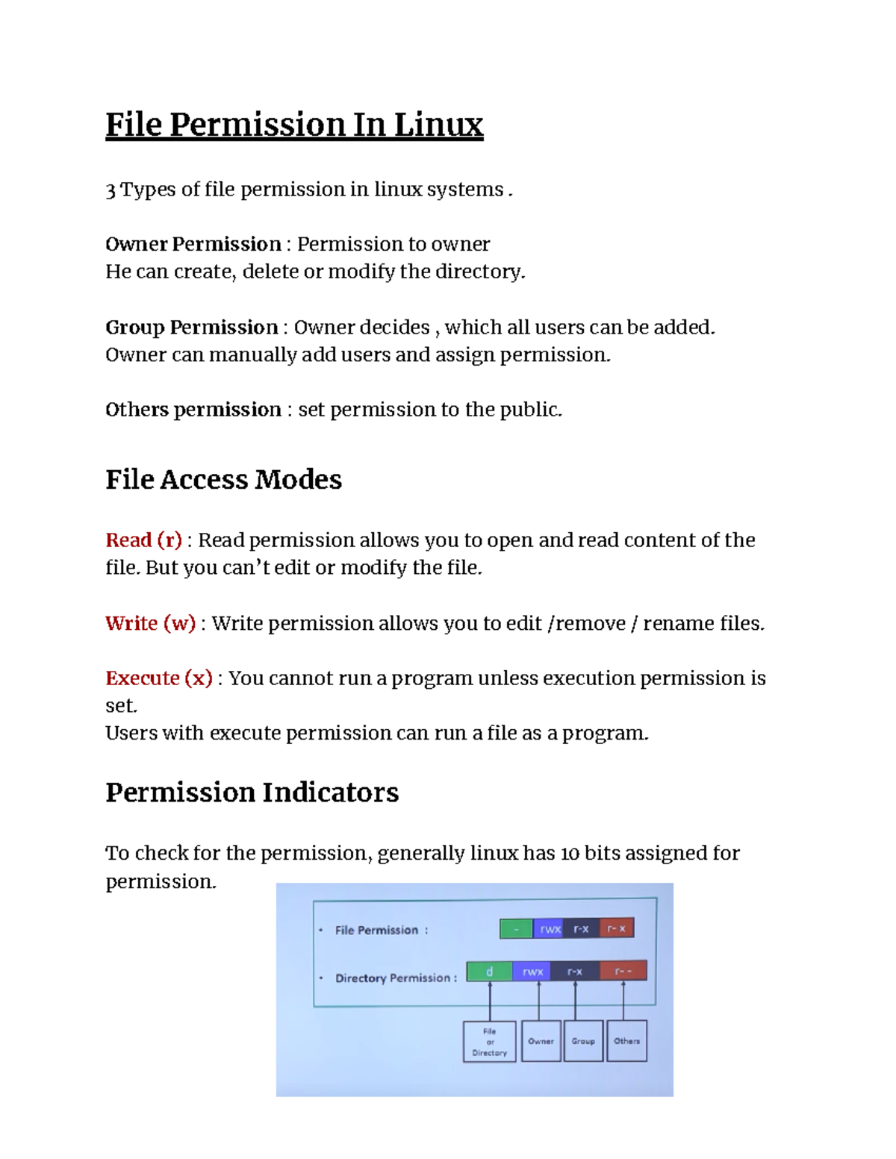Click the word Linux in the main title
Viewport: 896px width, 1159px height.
tap(438, 125)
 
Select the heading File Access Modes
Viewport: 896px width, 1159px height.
tap(223, 479)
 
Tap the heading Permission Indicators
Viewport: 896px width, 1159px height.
tap(252, 792)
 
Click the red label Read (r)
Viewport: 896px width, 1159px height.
tap(144, 540)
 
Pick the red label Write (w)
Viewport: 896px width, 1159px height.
tap(150, 623)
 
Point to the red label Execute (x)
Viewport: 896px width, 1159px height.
tap(159, 678)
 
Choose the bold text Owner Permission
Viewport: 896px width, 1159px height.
tap(193, 244)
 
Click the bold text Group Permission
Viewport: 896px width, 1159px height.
tap(191, 327)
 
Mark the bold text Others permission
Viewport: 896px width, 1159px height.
tap(193, 409)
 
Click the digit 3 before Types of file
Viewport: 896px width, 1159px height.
tap(111, 190)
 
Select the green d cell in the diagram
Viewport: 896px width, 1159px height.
tap(490, 971)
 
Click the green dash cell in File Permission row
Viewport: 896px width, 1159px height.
tap(517, 928)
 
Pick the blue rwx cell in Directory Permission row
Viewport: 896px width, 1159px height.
tap(532, 971)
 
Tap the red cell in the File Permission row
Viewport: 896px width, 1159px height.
tap(617, 928)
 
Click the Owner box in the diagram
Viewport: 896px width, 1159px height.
tap(541, 1041)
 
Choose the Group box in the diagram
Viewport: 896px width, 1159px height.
tap(583, 1041)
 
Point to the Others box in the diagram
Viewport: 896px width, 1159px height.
tap(626, 1041)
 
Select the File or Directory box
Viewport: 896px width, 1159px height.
tap(489, 1042)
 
